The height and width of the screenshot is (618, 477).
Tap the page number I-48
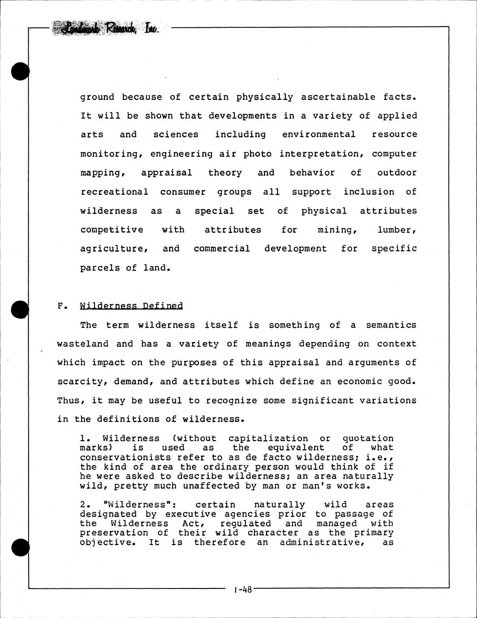[x=243, y=590]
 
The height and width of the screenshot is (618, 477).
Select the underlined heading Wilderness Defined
[x=131, y=306]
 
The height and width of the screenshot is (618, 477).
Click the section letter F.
[x=61, y=306]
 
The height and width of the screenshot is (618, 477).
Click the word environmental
[x=319, y=134]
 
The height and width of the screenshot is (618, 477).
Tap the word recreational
[x=114, y=192]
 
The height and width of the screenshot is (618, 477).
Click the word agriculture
[x=114, y=249]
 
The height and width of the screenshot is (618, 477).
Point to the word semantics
[x=391, y=325]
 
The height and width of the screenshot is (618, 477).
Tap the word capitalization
[x=268, y=438]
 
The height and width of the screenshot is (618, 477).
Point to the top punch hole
[x=20, y=72]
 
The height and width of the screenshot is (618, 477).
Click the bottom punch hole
[x=20, y=547]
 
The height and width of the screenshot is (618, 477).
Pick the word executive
[x=190, y=514]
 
